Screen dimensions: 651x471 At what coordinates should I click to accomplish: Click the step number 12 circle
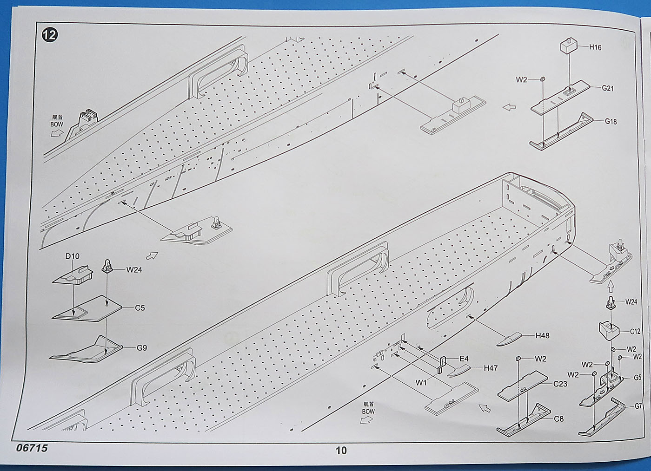point(49,34)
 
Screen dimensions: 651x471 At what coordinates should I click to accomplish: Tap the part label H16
point(595,47)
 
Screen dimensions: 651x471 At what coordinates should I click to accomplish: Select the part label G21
point(608,88)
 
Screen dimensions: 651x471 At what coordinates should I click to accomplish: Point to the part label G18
point(611,121)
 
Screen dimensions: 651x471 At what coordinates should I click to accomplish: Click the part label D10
point(72,256)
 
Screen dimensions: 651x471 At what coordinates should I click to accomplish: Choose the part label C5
point(139,307)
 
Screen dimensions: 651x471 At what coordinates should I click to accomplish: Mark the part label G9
point(142,347)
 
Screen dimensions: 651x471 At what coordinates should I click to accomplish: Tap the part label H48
point(542,335)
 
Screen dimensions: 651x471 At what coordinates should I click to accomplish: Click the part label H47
point(491,368)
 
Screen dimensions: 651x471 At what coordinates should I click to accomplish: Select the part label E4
point(464,359)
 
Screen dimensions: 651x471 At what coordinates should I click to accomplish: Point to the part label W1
point(421,383)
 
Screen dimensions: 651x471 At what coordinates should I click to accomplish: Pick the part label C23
point(560,384)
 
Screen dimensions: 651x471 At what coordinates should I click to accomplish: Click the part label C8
point(558,419)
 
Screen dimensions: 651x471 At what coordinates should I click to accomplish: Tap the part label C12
point(635,332)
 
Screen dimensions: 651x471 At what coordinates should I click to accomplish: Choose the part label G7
point(639,406)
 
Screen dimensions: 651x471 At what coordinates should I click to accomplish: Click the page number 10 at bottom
point(341,450)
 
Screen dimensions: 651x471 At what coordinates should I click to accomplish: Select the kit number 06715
point(32,448)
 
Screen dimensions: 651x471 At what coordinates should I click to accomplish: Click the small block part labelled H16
point(568,46)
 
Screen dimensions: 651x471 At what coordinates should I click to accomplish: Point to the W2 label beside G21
point(521,80)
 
